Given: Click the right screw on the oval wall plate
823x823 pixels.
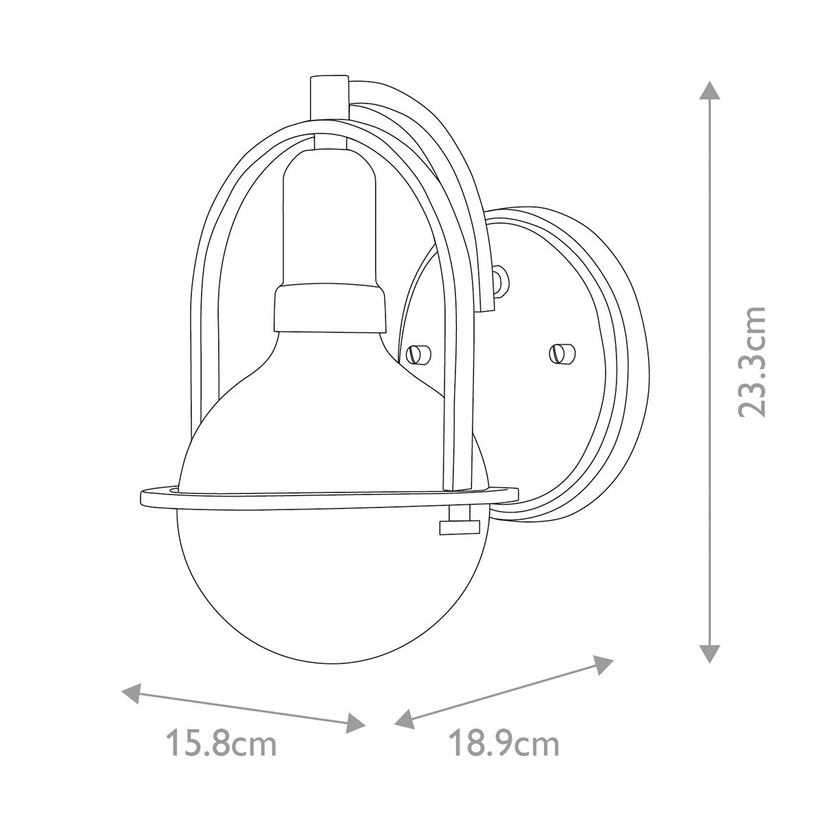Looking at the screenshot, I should (x=561, y=353).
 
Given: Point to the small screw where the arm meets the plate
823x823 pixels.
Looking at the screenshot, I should (x=501, y=280).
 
